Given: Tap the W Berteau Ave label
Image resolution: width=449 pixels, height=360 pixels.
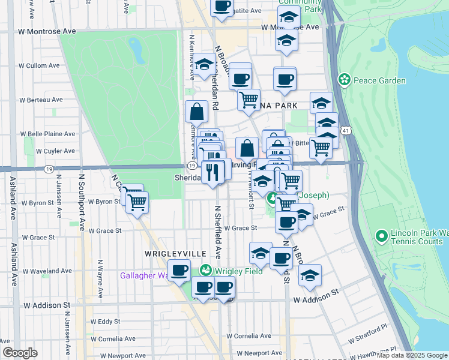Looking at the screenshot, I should pos(41,100).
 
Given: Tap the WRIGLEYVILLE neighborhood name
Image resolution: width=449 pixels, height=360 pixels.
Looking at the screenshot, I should pos(167,254).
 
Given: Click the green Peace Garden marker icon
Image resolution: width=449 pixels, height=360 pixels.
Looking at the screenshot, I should pos(344,79).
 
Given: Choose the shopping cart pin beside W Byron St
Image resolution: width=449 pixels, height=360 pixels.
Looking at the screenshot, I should pos(137,203).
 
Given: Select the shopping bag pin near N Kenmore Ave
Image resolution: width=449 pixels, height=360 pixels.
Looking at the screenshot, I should pos(197,112).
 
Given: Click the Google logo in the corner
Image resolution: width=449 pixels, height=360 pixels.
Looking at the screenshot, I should pos(20,352).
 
